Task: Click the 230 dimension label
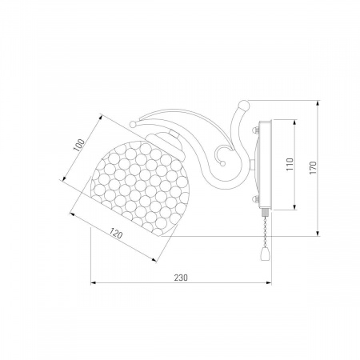pyautogui.click(x=181, y=278)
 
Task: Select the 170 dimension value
pyautogui.click(x=313, y=168)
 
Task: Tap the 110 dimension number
pyautogui.click(x=290, y=164)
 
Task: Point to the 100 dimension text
pyautogui.click(x=79, y=145)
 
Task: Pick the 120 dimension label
pyautogui.click(x=116, y=234)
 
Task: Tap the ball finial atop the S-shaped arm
pyautogui.click(x=244, y=105)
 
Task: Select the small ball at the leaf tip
pyautogui.click(x=133, y=124)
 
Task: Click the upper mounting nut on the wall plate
pyautogui.click(x=255, y=130)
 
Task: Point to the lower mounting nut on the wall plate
pyautogui.click(x=255, y=199)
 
